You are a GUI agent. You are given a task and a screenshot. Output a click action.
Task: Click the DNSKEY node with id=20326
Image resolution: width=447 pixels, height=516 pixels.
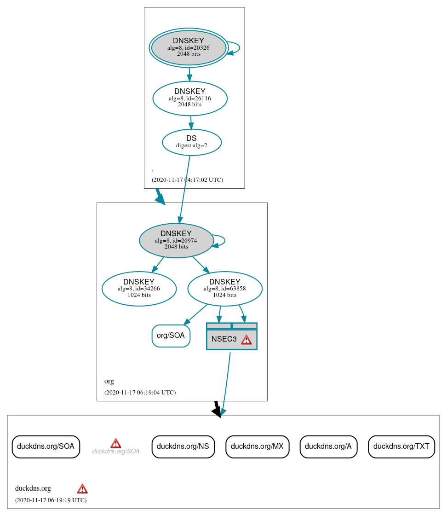[189, 47]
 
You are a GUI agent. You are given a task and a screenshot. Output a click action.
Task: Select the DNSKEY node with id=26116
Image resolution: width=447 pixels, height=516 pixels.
[190, 98]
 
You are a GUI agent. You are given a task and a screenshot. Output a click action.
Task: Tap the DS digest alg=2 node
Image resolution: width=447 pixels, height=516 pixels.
[192, 142]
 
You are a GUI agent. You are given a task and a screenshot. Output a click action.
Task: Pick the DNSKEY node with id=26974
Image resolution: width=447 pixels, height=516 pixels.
[176, 240]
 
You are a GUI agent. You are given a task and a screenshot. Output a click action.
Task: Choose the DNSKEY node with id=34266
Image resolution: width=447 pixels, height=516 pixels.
[139, 289]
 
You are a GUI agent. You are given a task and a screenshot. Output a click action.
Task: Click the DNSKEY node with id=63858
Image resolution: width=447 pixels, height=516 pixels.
[225, 289]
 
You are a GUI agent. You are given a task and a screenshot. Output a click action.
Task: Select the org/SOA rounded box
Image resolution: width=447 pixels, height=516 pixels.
[171, 336]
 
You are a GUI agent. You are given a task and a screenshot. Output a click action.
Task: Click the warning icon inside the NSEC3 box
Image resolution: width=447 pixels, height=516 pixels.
[246, 340]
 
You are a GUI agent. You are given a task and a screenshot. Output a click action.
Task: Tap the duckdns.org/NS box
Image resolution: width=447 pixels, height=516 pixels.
[183, 446]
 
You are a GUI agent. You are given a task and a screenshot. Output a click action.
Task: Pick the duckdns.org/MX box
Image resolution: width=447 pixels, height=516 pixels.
[257, 446]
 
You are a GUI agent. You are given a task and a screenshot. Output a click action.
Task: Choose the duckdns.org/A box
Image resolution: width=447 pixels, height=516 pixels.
[328, 446]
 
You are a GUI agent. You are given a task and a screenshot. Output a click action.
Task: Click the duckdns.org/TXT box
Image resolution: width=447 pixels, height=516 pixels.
[401, 446]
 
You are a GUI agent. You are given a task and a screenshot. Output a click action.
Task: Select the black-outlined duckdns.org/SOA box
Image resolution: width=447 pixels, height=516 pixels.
[46, 446]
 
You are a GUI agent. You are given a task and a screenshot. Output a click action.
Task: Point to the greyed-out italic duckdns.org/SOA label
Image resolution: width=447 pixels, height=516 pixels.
[115, 452]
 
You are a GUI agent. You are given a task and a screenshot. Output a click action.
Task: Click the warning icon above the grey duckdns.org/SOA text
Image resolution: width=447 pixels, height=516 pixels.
[115, 443]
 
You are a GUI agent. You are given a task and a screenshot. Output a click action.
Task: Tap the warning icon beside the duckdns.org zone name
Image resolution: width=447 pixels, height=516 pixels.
[82, 489]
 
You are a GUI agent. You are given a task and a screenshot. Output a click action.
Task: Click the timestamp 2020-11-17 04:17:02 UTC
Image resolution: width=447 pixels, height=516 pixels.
[187, 180]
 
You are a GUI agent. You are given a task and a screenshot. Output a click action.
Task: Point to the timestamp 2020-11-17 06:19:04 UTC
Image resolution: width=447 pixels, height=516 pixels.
[140, 393]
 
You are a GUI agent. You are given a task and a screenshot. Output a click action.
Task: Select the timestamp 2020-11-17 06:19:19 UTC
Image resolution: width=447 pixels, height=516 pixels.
[51, 500]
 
